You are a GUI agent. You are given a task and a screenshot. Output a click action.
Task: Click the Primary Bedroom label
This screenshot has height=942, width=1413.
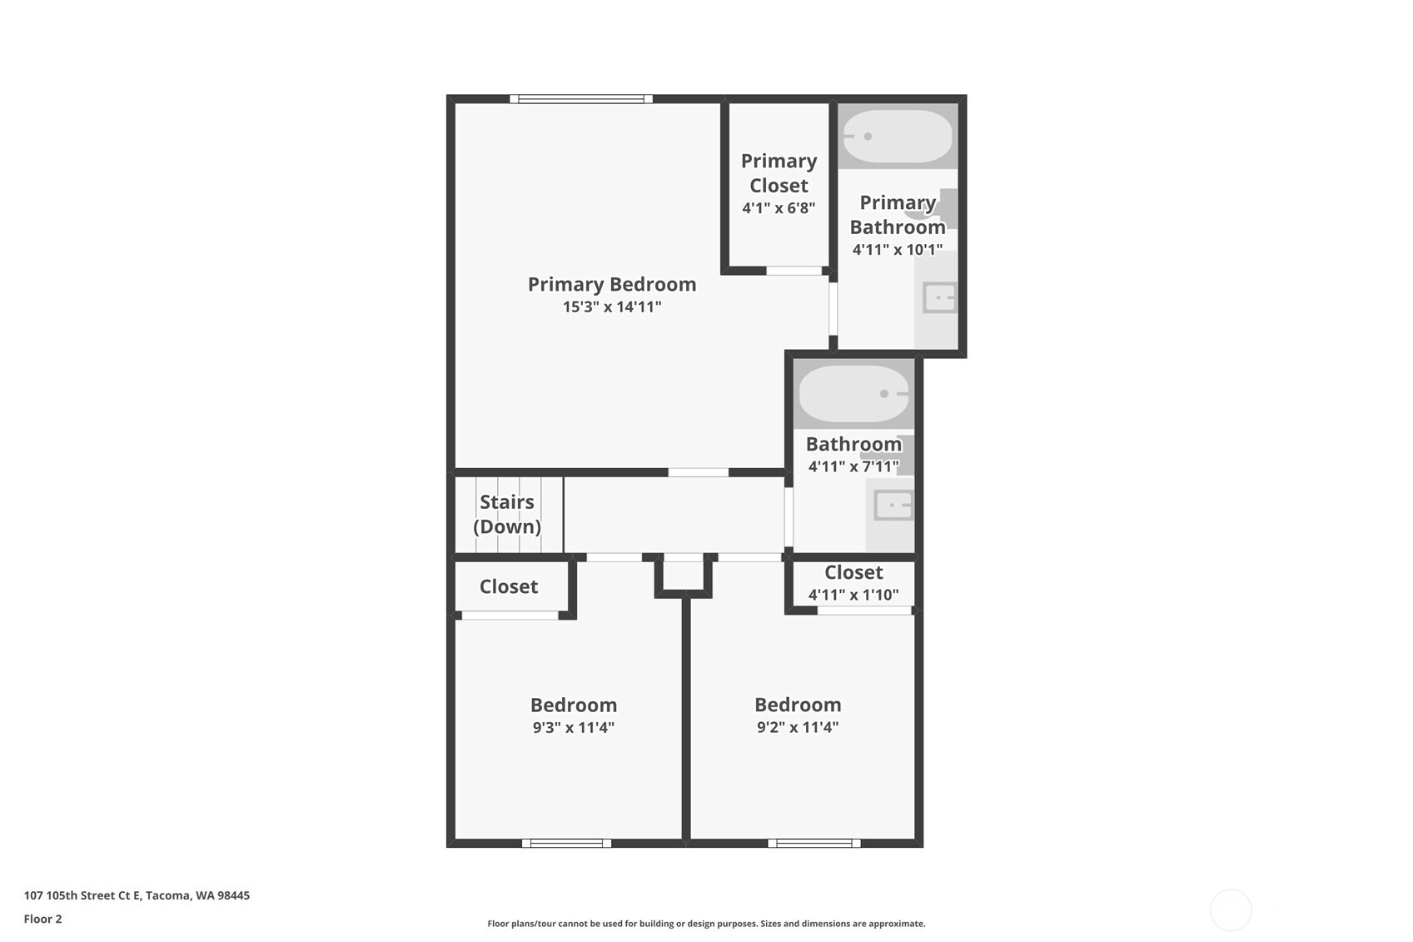tap(612, 284)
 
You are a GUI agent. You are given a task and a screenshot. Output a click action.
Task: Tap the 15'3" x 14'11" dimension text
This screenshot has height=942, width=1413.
tap(612, 307)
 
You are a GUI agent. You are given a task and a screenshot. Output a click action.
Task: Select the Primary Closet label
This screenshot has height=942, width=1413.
tap(779, 172)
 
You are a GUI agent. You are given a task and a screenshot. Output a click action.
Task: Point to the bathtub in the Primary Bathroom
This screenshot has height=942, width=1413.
tap(897, 137)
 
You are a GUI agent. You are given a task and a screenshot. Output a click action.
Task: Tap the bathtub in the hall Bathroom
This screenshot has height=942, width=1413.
tap(853, 394)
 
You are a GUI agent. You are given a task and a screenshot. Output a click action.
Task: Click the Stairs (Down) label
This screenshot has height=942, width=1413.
tap(507, 514)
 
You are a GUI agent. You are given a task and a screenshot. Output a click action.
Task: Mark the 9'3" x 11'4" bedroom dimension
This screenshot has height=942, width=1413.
tap(574, 727)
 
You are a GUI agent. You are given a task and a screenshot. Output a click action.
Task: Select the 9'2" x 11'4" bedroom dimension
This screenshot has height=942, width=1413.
tap(798, 727)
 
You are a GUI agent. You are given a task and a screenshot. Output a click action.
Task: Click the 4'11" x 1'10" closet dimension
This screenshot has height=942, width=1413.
tap(853, 595)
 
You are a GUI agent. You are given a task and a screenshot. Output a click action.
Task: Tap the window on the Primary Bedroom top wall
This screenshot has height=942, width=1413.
tap(581, 99)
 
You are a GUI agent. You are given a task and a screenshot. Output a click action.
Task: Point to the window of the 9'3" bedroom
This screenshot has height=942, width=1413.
tap(566, 843)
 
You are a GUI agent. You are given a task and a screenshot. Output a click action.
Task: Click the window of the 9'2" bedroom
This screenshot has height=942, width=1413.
tap(813, 843)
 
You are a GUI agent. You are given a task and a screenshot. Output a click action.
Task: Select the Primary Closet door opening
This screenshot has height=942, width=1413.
tap(794, 271)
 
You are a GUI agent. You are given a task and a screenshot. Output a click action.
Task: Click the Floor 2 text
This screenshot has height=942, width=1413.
tap(42, 919)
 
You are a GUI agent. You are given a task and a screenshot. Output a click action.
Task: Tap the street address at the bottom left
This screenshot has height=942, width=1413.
tap(137, 895)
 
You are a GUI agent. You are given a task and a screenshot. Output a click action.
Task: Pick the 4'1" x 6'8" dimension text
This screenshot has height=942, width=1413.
tap(779, 207)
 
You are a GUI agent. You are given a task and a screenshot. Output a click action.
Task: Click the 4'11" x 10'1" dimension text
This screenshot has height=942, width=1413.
tap(898, 249)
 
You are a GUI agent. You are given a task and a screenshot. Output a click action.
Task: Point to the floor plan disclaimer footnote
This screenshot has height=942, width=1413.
tap(706, 923)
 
